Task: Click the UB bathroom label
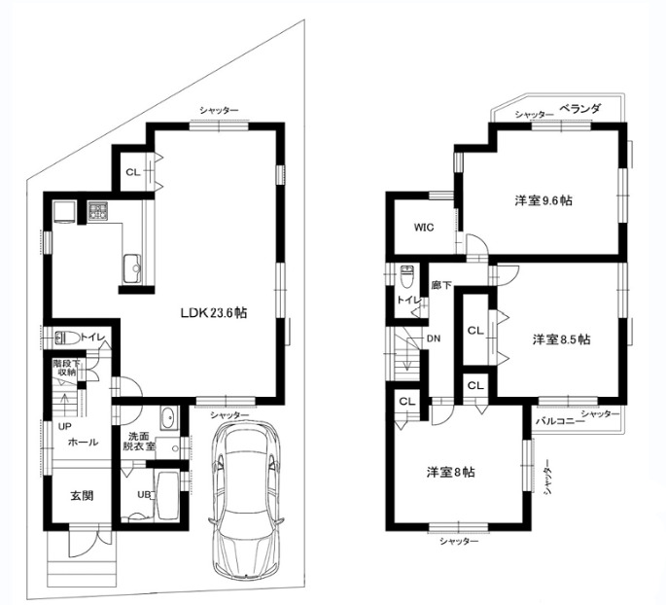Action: pos(144,494)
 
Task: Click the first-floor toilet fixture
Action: pos(67,338)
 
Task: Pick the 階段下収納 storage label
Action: pos(66,366)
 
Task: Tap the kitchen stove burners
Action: pos(99,209)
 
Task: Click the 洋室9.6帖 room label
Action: pos(543,200)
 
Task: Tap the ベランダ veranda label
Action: pos(579,110)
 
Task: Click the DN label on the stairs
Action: pos(433,338)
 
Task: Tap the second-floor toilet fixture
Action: pos(406,275)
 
